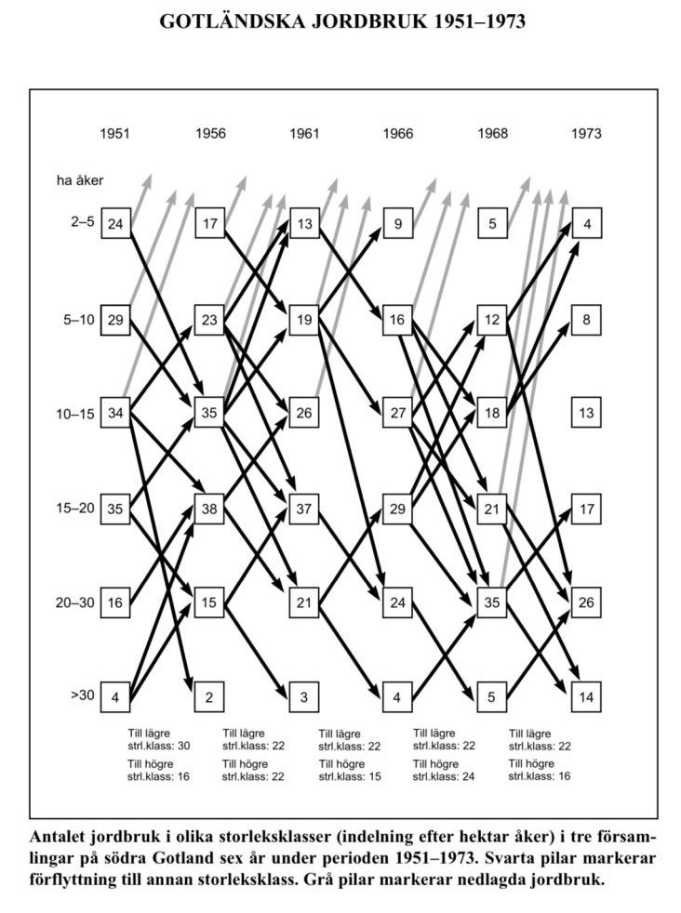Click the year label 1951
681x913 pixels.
(x=114, y=134)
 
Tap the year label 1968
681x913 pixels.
(x=492, y=134)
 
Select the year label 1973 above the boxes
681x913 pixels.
(x=586, y=134)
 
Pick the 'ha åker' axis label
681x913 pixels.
(x=73, y=180)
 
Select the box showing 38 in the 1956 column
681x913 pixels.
(x=209, y=509)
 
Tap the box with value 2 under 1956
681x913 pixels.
(x=209, y=696)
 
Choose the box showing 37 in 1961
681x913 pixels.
(x=304, y=509)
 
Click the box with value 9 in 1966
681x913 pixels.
(x=398, y=225)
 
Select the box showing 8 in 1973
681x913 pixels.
(x=587, y=319)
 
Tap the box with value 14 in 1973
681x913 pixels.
(x=587, y=696)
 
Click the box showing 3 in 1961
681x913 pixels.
(x=304, y=696)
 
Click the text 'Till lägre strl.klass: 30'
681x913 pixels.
(x=157, y=739)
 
